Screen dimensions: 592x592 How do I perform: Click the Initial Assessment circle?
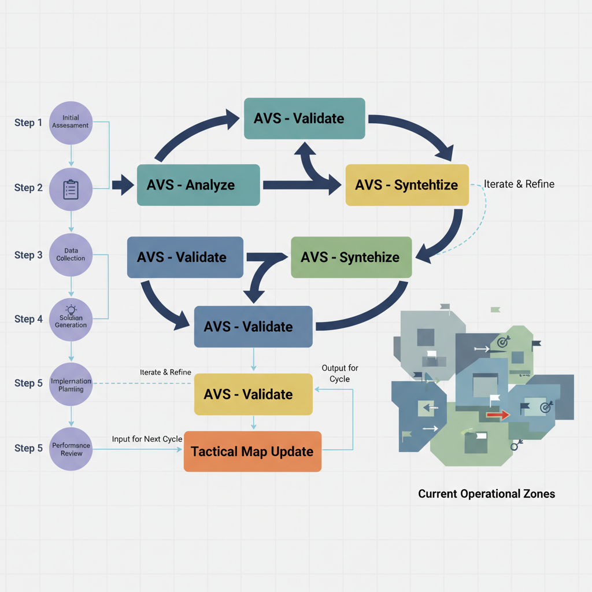tap(71, 123)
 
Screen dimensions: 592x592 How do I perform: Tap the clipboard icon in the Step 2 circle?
tap(71, 188)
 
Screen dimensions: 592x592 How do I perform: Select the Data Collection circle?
tap(71, 254)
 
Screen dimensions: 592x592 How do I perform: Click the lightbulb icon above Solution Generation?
tap(71, 309)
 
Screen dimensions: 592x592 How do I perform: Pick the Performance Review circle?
tap(71, 449)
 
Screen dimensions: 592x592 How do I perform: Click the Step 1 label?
tap(28, 123)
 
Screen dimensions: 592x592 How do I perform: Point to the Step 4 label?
tap(28, 319)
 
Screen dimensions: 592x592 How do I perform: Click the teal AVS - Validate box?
tap(304, 119)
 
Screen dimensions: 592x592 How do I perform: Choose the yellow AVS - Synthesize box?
tap(406, 185)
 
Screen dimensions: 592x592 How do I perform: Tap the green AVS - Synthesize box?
tap(351, 257)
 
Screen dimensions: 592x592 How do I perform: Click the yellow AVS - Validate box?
tap(253, 394)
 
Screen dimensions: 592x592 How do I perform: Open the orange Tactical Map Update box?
tap(252, 452)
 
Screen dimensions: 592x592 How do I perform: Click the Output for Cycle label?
tap(340, 373)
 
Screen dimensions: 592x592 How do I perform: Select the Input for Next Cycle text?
tap(147, 439)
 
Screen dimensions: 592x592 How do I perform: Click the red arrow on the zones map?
tap(497, 415)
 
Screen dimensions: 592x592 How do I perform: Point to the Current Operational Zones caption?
tap(486, 494)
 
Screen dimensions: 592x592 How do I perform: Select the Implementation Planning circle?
tap(71, 384)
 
